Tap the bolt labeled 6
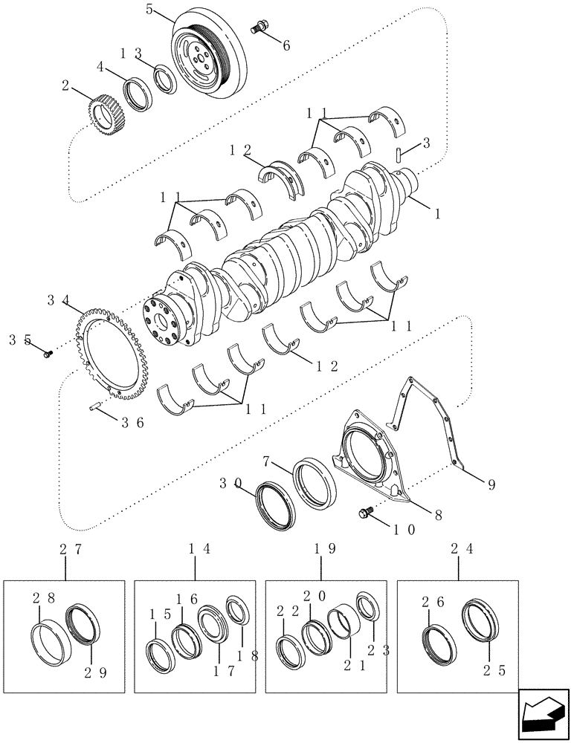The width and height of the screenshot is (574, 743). [260, 27]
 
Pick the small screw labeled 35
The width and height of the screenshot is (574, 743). [48, 354]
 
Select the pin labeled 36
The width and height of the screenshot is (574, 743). [94, 406]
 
